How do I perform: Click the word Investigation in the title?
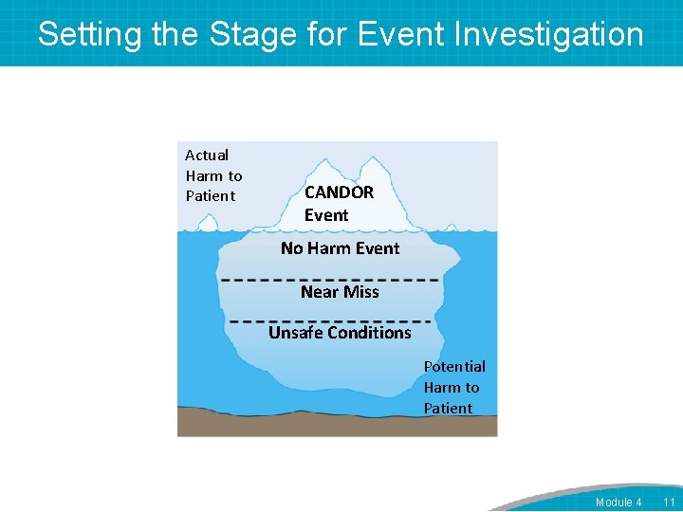click(x=549, y=34)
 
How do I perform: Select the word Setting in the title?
click(x=91, y=34)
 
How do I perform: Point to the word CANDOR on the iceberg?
click(x=339, y=192)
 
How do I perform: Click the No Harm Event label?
click(x=340, y=248)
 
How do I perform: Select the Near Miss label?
click(x=340, y=292)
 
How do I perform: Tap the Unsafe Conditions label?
click(x=340, y=333)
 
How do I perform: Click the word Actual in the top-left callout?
click(x=207, y=155)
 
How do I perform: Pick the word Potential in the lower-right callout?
click(x=454, y=366)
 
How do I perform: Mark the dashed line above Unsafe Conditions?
click(x=330, y=320)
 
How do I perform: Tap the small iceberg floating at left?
click(x=206, y=223)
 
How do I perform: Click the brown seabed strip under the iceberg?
click(x=337, y=425)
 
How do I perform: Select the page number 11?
click(x=669, y=502)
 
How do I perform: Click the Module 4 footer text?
click(x=618, y=502)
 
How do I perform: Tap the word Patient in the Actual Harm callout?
click(x=211, y=196)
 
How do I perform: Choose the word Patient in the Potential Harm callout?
click(x=448, y=409)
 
